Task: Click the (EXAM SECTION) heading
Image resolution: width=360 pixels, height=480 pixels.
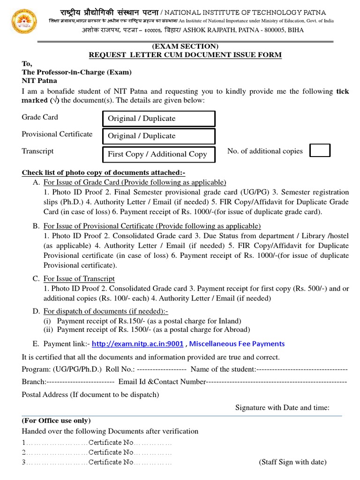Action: click(x=185, y=46)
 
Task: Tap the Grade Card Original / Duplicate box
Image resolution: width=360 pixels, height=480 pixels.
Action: click(x=159, y=119)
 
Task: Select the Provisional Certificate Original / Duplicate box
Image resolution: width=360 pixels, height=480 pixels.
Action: click(x=159, y=136)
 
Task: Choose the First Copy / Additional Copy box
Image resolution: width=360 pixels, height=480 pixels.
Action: click(x=159, y=154)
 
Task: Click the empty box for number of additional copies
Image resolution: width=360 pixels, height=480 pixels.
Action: click(x=321, y=150)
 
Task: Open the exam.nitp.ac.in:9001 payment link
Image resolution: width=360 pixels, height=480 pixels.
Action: click(x=137, y=344)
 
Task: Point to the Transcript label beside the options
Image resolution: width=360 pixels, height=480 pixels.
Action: click(x=37, y=151)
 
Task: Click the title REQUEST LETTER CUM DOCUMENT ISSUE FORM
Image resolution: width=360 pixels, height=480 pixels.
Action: click(x=185, y=55)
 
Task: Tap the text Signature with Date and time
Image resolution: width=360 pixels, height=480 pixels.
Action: click(x=282, y=408)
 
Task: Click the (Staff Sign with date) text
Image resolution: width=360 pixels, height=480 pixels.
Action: click(x=292, y=462)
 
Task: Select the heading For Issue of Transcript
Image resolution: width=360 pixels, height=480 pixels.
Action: click(x=79, y=279)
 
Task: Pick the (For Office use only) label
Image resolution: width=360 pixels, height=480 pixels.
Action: click(x=56, y=420)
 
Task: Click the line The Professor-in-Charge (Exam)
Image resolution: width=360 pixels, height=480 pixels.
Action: click(x=77, y=72)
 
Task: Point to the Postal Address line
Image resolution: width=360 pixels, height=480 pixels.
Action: click(x=90, y=395)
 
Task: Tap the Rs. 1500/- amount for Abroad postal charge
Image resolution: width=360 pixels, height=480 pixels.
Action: click(x=126, y=330)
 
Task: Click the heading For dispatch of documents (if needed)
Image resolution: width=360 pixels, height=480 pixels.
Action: click(x=106, y=311)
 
